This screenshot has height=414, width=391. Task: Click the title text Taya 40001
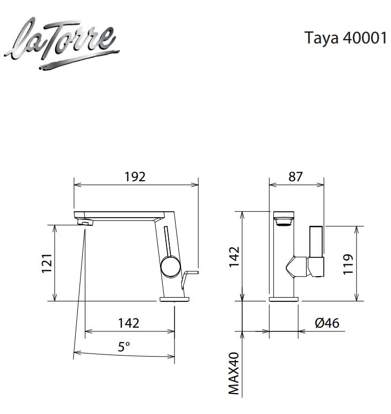(x=346, y=38)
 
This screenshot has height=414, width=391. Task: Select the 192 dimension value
(x=135, y=176)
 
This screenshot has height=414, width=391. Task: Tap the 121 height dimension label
(x=47, y=263)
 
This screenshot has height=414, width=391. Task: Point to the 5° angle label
(x=124, y=346)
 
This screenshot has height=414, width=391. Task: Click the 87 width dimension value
(x=295, y=176)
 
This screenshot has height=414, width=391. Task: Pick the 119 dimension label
(x=348, y=264)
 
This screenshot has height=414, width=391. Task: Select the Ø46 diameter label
(x=327, y=323)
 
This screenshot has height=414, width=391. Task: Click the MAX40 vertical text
(x=234, y=374)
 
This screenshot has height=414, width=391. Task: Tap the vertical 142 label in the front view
(x=234, y=257)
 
